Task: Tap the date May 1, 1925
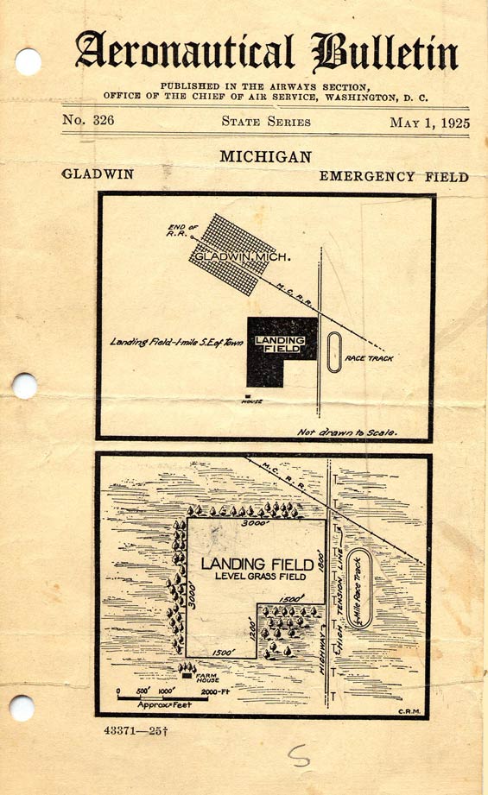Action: tap(429, 123)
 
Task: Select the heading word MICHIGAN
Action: tap(265, 157)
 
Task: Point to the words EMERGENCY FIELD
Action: tap(394, 177)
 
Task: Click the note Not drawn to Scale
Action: tap(346, 431)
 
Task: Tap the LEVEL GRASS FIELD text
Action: tap(257, 576)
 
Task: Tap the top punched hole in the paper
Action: tap(28, 61)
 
